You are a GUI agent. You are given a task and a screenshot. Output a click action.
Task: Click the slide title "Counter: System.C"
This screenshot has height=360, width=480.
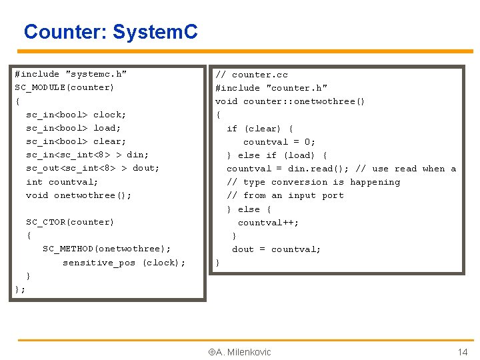111,31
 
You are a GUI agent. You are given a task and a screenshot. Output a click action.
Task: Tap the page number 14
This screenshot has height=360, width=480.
462,352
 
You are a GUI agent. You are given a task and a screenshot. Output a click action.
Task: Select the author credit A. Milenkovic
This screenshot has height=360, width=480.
237,352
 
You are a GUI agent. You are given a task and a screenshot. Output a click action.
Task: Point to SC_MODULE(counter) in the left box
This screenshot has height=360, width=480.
64,87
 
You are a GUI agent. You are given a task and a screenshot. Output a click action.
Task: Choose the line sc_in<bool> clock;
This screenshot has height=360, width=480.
76,115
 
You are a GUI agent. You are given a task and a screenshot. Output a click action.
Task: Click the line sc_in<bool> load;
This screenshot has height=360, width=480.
73,128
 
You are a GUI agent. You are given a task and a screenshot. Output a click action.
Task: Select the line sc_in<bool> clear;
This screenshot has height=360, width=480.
76,141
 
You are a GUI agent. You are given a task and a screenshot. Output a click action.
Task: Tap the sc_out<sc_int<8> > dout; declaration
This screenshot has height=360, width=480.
93,168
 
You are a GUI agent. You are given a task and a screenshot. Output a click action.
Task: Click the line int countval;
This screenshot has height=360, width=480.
62,182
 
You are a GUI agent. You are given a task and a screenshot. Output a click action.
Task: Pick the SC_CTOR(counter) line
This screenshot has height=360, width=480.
70,222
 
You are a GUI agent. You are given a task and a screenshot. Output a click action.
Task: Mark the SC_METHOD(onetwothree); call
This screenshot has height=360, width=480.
107,249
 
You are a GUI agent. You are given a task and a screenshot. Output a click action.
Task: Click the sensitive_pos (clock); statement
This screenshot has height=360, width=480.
124,263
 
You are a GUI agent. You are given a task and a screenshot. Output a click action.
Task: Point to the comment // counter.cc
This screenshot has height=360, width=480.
251,75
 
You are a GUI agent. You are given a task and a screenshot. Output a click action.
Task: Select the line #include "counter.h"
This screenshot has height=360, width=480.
271,88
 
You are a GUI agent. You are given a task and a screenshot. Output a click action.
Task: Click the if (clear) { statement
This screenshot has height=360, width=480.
259,129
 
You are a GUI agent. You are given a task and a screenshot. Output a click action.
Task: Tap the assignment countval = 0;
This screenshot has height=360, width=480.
279,142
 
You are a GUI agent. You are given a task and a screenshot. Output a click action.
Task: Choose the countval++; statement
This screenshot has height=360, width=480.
268,223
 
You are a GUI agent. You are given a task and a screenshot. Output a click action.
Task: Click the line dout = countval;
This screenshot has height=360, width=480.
276,249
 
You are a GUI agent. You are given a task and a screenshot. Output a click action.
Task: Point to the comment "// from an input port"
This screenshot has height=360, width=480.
285,195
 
